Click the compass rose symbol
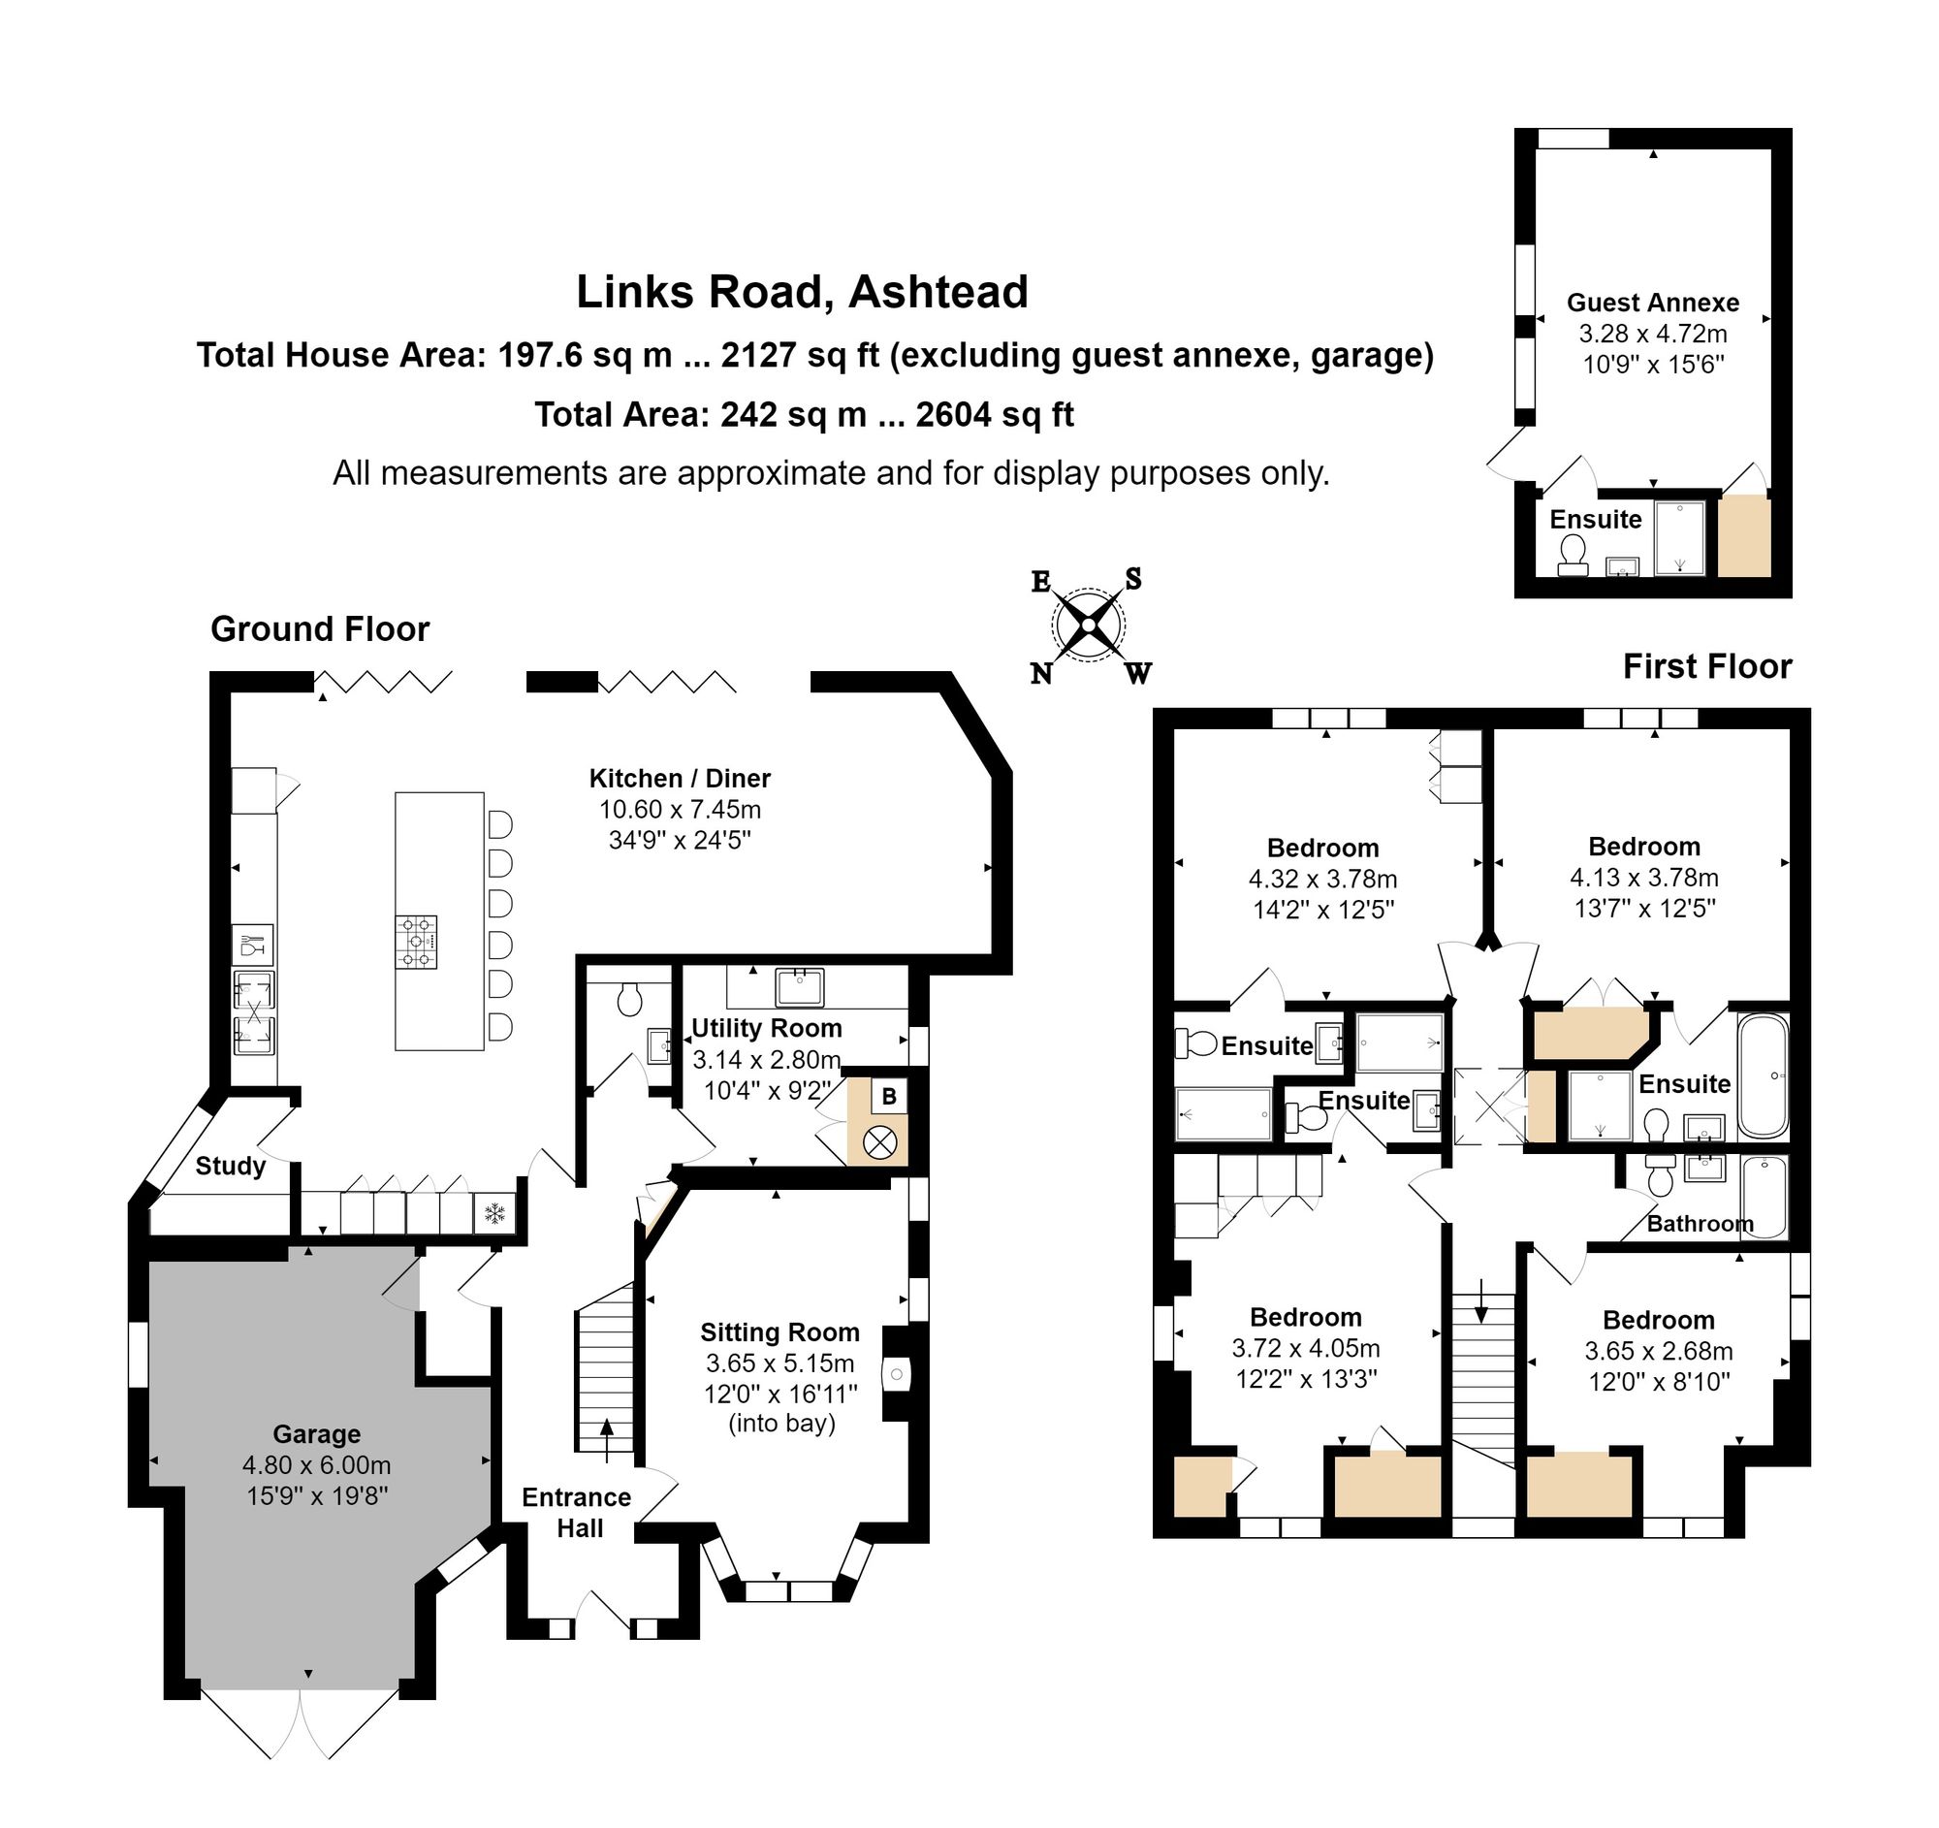[1088, 625]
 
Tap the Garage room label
[316, 1434]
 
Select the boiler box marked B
[888, 1096]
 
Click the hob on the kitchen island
[416, 942]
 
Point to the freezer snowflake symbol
[494, 1214]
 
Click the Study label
[230, 1166]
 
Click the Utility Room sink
[800, 987]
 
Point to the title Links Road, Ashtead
[802, 292]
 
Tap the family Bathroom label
[1701, 1223]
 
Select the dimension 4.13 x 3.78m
[1643, 877]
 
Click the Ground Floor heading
[320, 629]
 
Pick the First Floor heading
[1707, 666]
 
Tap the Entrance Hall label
[577, 1512]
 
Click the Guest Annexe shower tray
[1679, 537]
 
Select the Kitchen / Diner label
[679, 779]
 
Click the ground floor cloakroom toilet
[629, 998]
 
